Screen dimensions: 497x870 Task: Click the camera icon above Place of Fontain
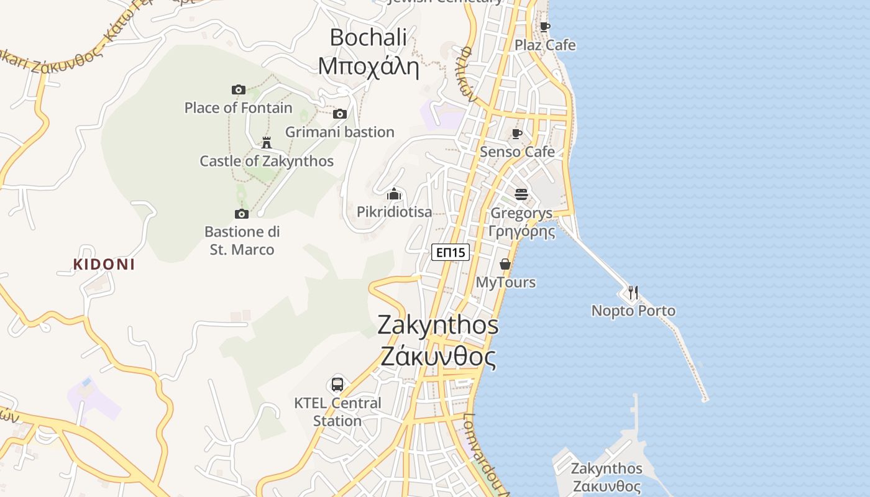[239, 89]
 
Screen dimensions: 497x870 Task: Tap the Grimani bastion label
[340, 132]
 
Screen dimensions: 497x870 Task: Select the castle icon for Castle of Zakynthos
[267, 143]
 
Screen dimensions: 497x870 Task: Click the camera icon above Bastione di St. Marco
[242, 214]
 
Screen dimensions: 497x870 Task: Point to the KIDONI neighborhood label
[104, 264]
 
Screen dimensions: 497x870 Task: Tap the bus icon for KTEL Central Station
[337, 384]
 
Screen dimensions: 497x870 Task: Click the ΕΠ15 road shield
[451, 252]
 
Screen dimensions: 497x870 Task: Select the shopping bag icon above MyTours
[505, 264]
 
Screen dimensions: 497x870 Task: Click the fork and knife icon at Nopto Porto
[633, 292]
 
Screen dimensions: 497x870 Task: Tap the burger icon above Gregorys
[521, 194]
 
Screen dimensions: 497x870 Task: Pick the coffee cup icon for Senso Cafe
[517, 134]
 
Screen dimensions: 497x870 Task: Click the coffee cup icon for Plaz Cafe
[545, 27]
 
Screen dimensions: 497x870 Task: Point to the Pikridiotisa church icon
[394, 194]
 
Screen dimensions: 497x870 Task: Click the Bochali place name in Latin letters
[368, 37]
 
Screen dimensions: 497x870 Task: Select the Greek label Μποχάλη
[368, 65]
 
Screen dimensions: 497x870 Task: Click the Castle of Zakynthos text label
[267, 162]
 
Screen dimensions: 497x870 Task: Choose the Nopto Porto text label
[633, 311]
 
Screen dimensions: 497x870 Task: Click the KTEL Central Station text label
[337, 412]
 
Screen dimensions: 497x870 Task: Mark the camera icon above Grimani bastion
[340, 114]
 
